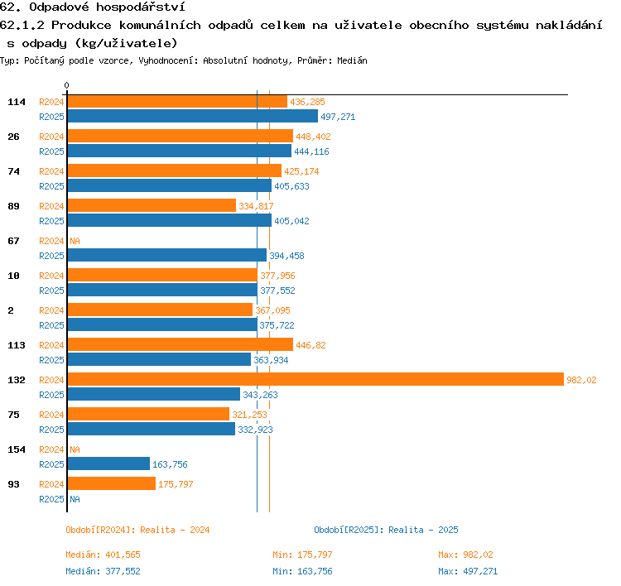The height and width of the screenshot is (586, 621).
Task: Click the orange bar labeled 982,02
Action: [x=315, y=379]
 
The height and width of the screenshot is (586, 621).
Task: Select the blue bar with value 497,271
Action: [x=192, y=116]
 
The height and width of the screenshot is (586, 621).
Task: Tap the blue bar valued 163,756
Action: [x=108, y=464]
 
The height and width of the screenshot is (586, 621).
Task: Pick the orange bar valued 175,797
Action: [x=112, y=483]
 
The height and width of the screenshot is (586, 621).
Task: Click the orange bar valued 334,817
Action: [x=152, y=205]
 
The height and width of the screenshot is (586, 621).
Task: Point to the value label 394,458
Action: [x=286, y=256]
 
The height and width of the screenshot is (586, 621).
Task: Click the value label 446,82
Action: [x=310, y=345]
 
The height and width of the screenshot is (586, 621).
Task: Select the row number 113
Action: [x=17, y=345]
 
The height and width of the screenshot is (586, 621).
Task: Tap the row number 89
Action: [x=13, y=206]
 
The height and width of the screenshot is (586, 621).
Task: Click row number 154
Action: [x=17, y=449]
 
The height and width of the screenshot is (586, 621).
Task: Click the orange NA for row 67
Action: [x=75, y=241]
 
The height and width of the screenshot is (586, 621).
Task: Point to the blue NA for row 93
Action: [x=75, y=499]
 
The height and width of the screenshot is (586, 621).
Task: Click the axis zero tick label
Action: [x=66, y=85]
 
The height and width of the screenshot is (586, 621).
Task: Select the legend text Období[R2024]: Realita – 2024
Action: [x=137, y=530]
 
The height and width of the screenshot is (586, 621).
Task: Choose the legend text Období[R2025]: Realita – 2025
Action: [x=386, y=530]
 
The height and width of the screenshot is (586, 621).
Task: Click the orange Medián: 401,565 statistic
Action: [x=103, y=555]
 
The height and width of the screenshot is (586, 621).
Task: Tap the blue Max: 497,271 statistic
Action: [x=468, y=571]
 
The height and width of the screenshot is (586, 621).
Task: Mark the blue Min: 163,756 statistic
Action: [x=302, y=571]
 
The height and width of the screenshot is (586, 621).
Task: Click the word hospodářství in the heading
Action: [x=141, y=7]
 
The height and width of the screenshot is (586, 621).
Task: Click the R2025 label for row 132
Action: [x=51, y=395]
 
